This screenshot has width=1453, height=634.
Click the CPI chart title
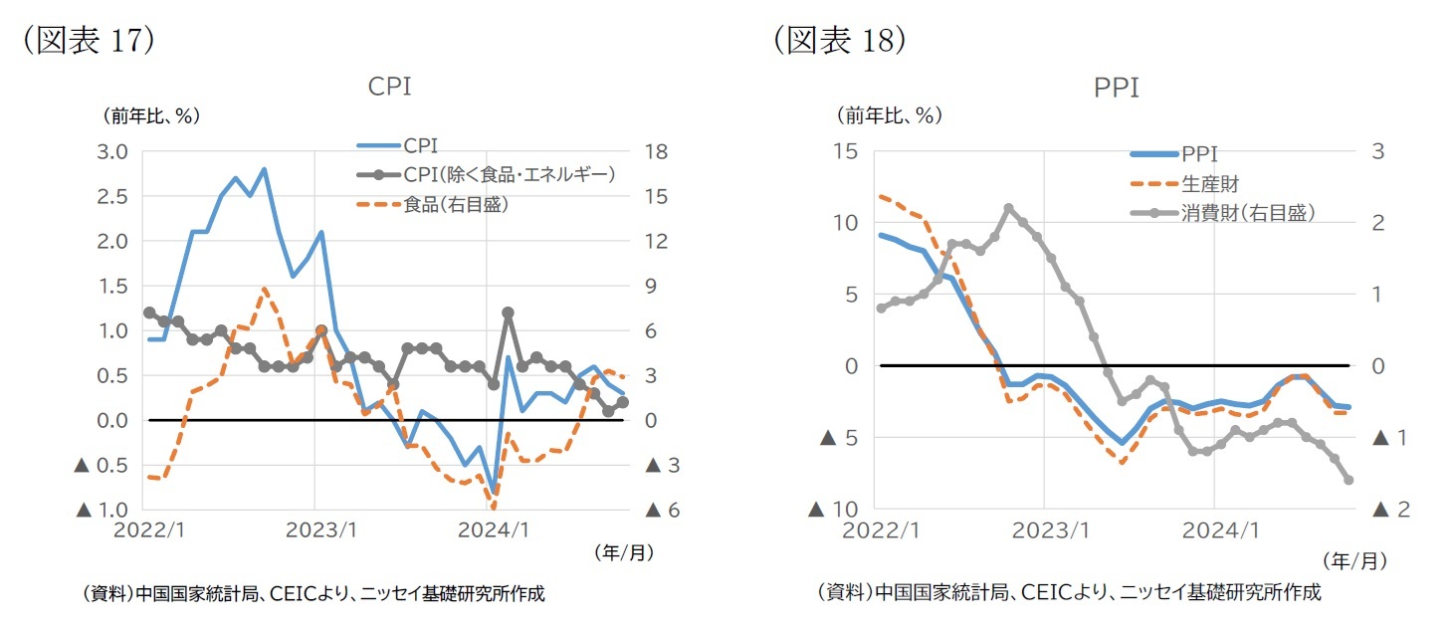[x=389, y=87]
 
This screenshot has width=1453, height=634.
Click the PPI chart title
[x=1116, y=88]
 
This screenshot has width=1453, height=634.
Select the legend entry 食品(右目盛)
[x=458, y=204]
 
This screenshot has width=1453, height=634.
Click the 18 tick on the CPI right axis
[x=654, y=152]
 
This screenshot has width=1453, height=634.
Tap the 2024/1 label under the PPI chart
[x=1212, y=529]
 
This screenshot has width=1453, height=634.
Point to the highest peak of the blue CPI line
[x=264, y=169]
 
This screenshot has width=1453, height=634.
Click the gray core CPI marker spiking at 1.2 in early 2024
[x=508, y=313]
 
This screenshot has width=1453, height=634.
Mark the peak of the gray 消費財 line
[x=1008, y=209]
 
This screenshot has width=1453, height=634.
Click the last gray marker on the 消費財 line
[x=1349, y=480]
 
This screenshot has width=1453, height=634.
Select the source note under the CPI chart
[x=312, y=594]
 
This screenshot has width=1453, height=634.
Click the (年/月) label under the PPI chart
[x=1354, y=561]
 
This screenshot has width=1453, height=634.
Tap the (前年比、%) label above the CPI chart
[x=150, y=115]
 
